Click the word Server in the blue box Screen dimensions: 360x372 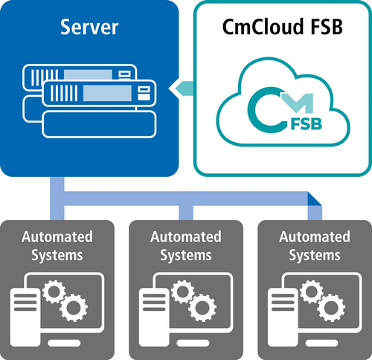tap(90, 29)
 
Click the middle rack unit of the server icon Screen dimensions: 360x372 tap(100, 93)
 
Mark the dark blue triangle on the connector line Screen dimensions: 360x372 tap(315, 198)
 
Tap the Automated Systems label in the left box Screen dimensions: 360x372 tap(57, 245)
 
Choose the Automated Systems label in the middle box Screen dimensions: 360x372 tap(185, 245)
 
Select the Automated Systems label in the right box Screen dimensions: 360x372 tap(314, 245)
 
